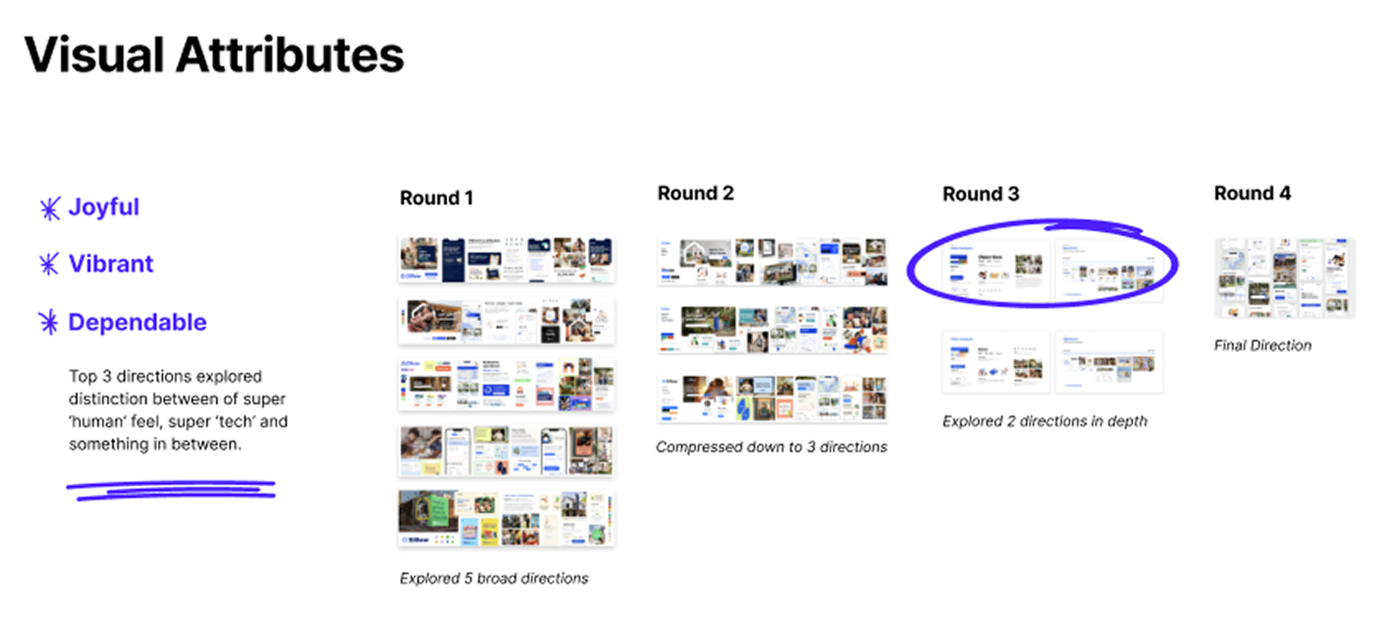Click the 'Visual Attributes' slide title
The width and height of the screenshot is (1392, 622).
(214, 55)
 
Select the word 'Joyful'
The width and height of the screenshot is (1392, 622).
(104, 207)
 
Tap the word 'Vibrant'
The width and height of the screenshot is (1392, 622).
(111, 264)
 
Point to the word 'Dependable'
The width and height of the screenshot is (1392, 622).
(137, 322)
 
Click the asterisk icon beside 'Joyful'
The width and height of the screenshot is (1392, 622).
(49, 208)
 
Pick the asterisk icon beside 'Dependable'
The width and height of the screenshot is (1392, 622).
(49, 322)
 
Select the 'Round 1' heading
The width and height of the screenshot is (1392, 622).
(436, 198)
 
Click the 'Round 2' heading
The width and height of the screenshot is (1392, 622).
(695, 193)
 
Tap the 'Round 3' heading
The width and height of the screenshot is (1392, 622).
(981, 194)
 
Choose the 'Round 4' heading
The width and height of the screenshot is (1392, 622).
(1252, 193)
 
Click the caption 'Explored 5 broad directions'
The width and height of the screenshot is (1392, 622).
(494, 578)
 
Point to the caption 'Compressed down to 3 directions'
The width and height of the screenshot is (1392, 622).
(771, 446)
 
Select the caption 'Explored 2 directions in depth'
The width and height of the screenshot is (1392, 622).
(1044, 421)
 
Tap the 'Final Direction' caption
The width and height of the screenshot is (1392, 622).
(1262, 345)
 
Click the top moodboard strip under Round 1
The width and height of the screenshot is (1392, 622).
(506, 259)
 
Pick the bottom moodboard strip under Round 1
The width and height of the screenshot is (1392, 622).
(506, 518)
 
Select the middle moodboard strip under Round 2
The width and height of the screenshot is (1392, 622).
(772, 329)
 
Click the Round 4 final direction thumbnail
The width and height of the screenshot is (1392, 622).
(1284, 278)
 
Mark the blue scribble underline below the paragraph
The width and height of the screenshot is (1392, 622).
(172, 490)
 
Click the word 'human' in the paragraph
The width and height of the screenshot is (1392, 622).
(96, 422)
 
